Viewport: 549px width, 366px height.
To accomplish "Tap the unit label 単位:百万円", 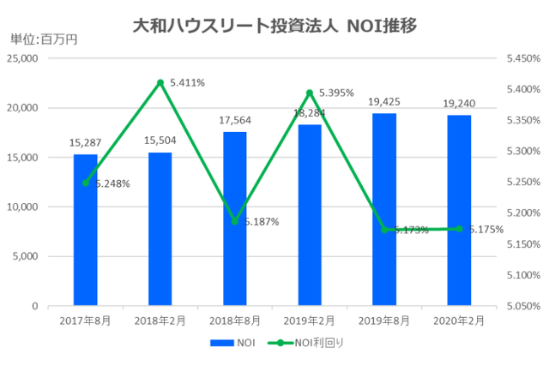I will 43,39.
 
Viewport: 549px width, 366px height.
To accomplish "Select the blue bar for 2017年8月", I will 85,230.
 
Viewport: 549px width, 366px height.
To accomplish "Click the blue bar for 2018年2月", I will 160,229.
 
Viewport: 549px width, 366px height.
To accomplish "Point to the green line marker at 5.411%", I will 160,82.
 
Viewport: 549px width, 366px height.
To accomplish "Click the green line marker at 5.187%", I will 235,221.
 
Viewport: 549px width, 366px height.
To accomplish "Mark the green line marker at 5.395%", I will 310,93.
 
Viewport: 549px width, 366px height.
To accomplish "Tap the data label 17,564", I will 235,121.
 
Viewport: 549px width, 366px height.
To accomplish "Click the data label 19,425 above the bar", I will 384,102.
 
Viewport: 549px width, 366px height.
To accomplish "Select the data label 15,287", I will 85,143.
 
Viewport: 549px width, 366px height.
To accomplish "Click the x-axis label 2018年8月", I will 235,321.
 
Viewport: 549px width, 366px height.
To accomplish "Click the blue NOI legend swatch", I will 219,343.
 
